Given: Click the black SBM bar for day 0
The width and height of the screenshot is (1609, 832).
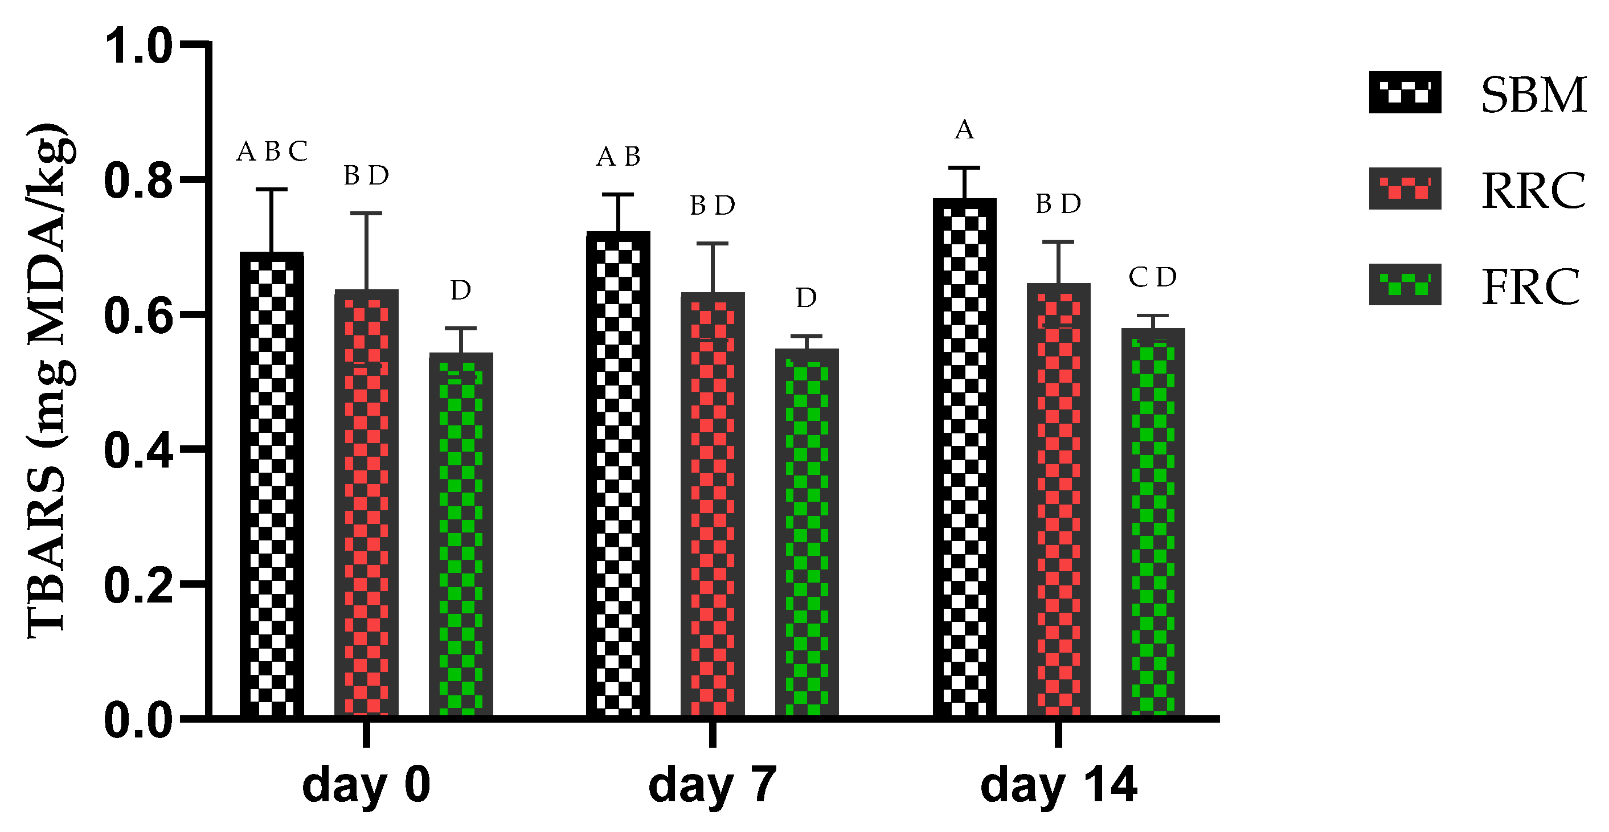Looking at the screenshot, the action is pos(272,484).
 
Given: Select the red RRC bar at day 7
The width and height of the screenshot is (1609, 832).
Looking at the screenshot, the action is pos(713,504).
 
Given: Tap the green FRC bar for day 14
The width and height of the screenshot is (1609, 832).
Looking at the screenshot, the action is pos(1153,522).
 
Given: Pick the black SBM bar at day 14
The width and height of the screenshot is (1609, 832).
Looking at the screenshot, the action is pos(964,457).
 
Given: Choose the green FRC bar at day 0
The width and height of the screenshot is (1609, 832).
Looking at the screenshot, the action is pos(461,535).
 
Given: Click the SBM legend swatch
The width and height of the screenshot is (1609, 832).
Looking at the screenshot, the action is pos(1405,92).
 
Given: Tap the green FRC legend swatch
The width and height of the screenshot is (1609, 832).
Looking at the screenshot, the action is pos(1405,284).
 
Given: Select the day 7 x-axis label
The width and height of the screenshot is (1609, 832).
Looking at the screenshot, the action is pos(713,785).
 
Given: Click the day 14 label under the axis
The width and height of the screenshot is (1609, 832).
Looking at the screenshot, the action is pos(1059,785).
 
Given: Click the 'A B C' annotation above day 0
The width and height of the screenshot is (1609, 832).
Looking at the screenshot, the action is pos(272,151).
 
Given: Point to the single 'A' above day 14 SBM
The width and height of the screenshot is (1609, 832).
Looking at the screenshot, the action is pos(964,130).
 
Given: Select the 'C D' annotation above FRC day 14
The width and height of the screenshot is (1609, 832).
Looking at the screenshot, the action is pos(1153,277).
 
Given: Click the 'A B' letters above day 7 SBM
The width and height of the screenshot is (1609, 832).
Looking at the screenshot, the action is pos(619,157).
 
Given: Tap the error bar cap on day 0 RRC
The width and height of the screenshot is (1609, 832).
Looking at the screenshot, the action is pos(366,213).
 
